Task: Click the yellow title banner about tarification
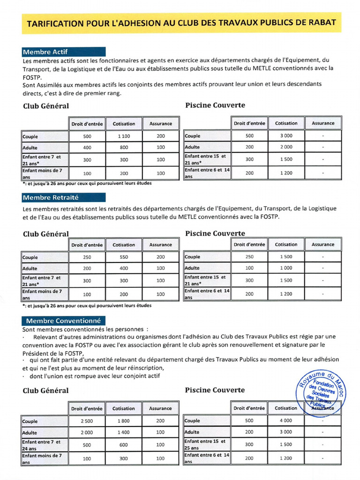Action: click(181, 23)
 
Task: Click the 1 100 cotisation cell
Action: click(124, 136)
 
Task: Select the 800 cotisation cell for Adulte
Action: click(124, 148)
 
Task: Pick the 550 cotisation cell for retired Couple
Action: click(124, 257)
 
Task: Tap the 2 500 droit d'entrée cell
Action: click(87, 421)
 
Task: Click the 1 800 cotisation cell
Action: click(124, 421)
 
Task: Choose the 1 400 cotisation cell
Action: click(124, 433)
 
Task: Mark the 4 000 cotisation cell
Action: click(286, 420)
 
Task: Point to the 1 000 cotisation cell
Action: click(286, 268)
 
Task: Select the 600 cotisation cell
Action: click(124, 445)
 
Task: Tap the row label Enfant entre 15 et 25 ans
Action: click(207, 444)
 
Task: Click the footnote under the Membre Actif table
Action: click(87, 183)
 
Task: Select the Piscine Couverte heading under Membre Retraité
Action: click(215, 233)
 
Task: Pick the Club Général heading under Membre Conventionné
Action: click(46, 390)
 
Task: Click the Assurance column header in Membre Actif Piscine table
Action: click(323, 123)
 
